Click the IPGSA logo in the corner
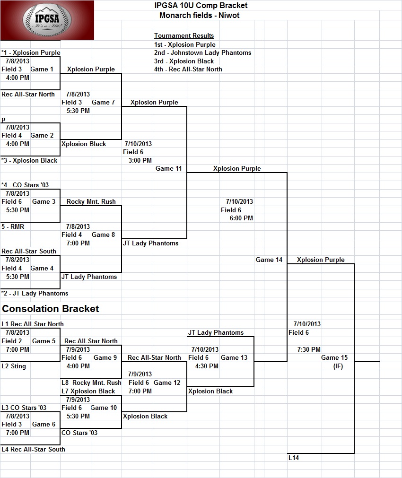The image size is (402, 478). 47,20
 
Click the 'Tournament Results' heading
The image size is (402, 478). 184,35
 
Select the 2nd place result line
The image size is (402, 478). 202,53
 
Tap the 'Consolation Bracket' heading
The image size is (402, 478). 50,309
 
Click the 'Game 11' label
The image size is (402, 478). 168,169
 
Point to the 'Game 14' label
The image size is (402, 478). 269,260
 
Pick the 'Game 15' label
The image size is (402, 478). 334,357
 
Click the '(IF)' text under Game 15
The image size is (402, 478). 338,366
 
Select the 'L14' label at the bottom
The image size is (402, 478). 294,458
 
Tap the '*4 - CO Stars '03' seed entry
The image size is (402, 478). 25,185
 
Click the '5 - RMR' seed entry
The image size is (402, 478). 13,226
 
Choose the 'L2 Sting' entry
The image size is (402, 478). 14,366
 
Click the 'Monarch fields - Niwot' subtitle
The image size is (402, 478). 200,15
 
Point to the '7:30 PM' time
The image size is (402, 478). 309,350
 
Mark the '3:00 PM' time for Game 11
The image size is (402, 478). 140,160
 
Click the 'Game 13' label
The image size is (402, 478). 234,357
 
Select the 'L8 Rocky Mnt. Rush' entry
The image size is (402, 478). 91,382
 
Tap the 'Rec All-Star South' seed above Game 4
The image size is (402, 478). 29,251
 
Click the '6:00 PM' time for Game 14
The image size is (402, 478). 241,218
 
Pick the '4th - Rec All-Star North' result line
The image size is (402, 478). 188,69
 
